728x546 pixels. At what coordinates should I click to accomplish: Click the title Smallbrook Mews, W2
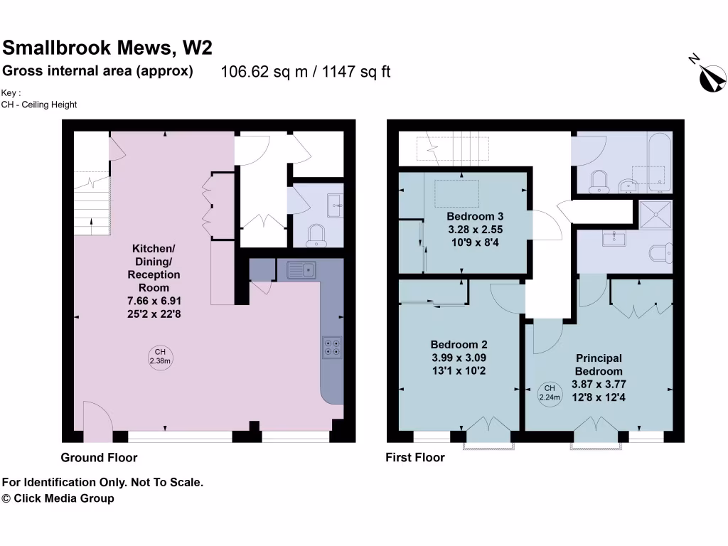click(x=107, y=48)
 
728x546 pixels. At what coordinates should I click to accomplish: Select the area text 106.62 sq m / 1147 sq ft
click(x=306, y=72)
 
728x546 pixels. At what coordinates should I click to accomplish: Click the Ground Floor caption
click(x=99, y=457)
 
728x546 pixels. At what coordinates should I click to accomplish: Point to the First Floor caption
click(x=415, y=457)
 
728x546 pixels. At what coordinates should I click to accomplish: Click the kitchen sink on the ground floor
click(x=301, y=269)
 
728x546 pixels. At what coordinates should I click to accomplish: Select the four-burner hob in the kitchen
click(x=331, y=346)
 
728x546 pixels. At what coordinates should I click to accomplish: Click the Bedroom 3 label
click(x=475, y=216)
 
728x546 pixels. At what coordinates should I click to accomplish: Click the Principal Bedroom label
click(x=599, y=365)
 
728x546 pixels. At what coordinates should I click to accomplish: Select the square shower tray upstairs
click(x=655, y=213)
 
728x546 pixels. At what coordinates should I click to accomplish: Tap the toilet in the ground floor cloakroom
click(x=315, y=235)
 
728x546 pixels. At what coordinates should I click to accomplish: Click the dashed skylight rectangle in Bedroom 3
click(x=457, y=192)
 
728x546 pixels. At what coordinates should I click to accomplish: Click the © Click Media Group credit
click(x=58, y=498)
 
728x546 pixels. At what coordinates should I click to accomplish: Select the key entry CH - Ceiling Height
click(x=39, y=105)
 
